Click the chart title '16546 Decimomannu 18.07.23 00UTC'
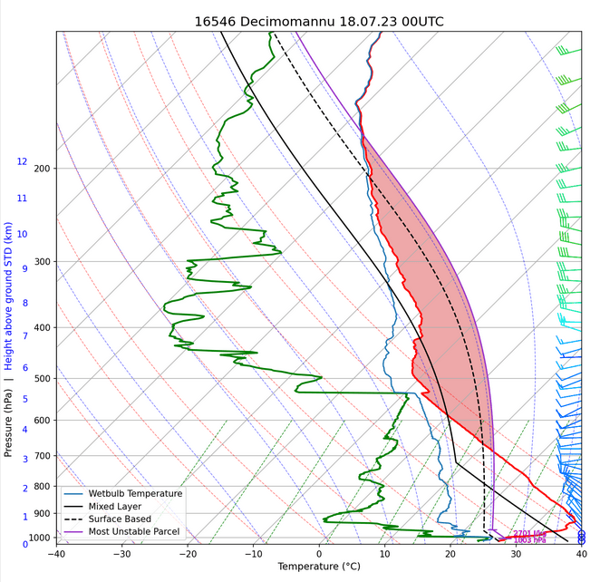(319, 21)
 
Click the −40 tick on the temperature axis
(56, 553)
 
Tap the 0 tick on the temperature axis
(319, 553)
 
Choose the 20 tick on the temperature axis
(450, 553)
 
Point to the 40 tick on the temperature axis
(581, 553)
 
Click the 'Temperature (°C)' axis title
(319, 567)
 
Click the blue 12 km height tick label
(22, 161)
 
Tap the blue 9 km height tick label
(24, 268)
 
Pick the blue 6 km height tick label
(24, 368)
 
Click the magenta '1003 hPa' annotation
(530, 540)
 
